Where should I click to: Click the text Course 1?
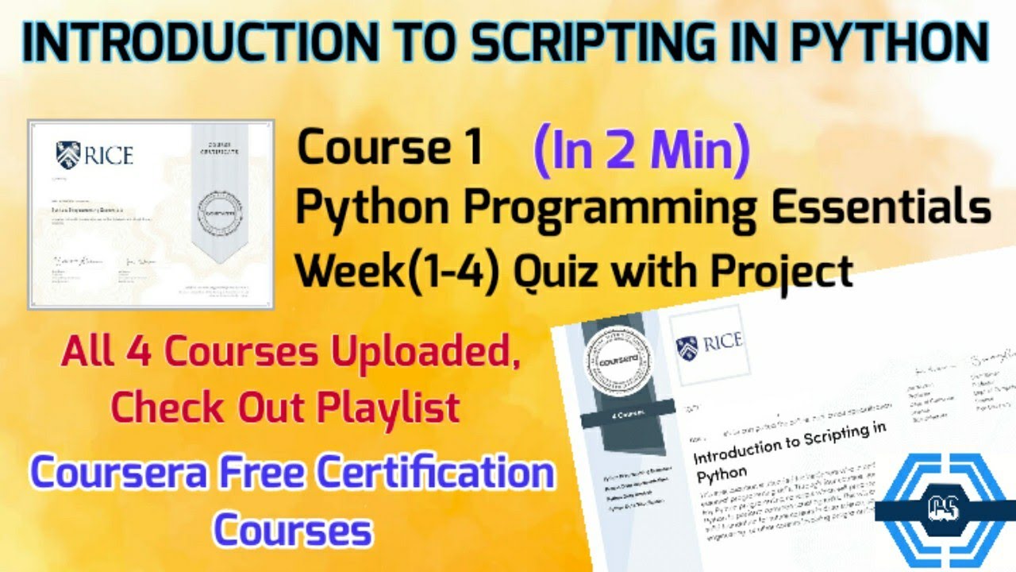[x=390, y=149]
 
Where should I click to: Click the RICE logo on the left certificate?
[x=94, y=153]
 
